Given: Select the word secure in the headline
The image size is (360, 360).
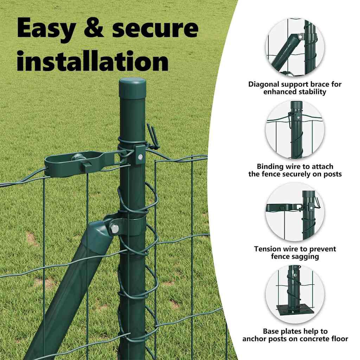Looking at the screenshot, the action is (155, 28).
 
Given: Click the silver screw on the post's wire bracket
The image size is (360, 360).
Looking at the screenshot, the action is (140, 157).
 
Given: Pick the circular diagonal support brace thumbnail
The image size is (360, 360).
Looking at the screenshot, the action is (295, 47).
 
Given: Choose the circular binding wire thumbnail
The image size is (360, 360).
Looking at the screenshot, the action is (295, 129).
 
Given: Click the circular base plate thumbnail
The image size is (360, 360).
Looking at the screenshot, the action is (295, 294).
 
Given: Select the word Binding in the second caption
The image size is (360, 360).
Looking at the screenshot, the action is (271, 166).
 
